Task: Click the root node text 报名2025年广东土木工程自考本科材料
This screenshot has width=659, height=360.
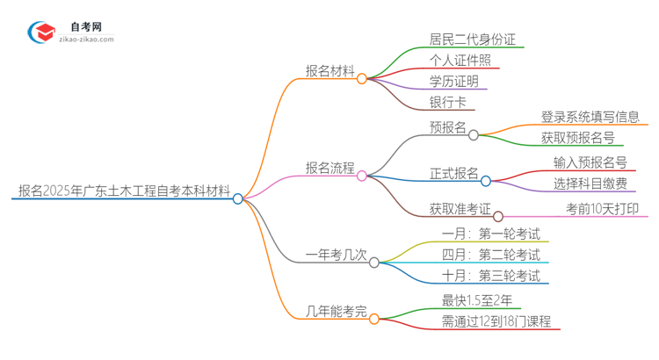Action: (122, 190)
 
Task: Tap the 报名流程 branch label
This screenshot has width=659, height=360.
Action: (329, 167)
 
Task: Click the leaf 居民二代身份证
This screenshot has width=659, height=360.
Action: (473, 40)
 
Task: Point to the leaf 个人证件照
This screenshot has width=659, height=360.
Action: (460, 61)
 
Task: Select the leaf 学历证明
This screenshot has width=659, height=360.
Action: (454, 82)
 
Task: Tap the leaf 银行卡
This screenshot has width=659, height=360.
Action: (448, 103)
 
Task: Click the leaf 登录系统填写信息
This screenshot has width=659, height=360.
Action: (590, 117)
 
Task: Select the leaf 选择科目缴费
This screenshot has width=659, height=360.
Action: (590, 184)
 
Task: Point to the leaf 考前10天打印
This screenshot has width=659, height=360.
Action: (601, 208)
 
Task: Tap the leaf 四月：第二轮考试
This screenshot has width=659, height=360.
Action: (491, 255)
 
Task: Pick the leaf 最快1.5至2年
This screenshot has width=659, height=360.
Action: (477, 301)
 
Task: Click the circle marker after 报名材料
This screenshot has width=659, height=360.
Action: (362, 78)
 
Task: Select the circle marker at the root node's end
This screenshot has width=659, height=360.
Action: (238, 198)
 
